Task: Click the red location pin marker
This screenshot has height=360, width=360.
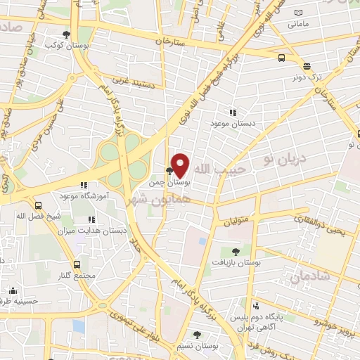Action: (x=180, y=165)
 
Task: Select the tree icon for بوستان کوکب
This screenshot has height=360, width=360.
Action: (x=67, y=33)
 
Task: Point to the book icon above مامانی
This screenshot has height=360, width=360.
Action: (x=299, y=13)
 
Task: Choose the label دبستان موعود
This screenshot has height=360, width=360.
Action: (x=232, y=123)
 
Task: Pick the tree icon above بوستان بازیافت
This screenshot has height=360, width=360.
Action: (x=235, y=251)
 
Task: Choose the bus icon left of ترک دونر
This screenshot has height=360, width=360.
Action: (x=281, y=58)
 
